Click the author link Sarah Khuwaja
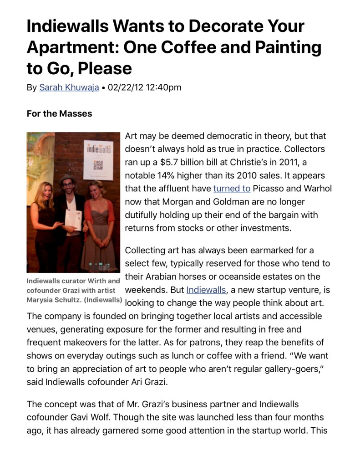click(x=69, y=87)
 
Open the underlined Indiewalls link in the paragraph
click(x=206, y=290)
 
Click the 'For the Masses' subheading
click(x=59, y=113)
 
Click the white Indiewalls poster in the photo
click(x=98, y=159)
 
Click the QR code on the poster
click(x=98, y=164)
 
